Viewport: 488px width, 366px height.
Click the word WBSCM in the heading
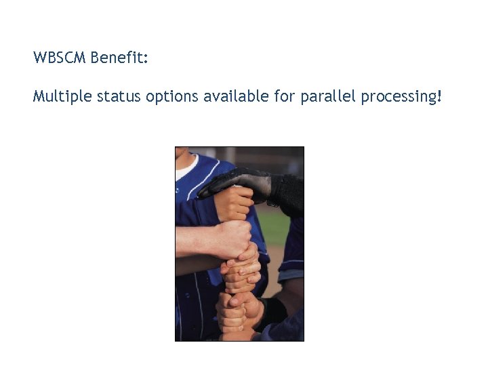[x=59, y=58]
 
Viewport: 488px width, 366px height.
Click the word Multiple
[x=62, y=97]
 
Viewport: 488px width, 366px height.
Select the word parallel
[x=327, y=97]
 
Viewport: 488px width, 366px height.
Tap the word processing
[x=398, y=97]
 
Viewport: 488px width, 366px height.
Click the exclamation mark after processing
[x=439, y=96]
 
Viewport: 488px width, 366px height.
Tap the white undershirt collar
[x=186, y=167]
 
